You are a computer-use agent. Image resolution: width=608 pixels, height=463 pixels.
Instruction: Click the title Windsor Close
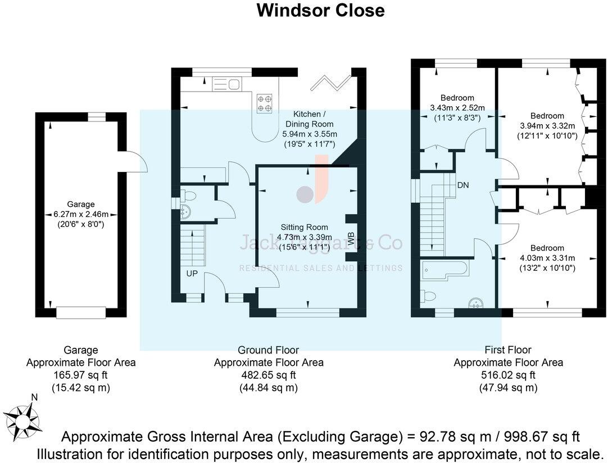point(320,11)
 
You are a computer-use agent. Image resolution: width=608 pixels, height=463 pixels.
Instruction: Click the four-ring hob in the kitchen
point(265,102)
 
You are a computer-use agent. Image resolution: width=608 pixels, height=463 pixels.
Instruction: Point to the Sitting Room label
point(305,227)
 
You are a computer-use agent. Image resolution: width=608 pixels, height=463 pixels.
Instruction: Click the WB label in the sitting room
point(351,238)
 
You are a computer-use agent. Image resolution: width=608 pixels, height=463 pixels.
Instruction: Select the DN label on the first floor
point(463,185)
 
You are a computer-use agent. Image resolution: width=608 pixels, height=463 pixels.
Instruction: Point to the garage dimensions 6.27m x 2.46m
point(81,214)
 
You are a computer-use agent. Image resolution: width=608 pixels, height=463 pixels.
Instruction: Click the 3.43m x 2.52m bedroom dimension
point(457,108)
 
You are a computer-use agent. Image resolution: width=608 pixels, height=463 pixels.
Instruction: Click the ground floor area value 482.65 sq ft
point(269,375)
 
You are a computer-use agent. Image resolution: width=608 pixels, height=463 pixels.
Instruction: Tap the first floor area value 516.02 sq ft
point(508,375)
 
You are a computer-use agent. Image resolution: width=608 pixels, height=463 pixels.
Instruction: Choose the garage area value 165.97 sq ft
point(81,375)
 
